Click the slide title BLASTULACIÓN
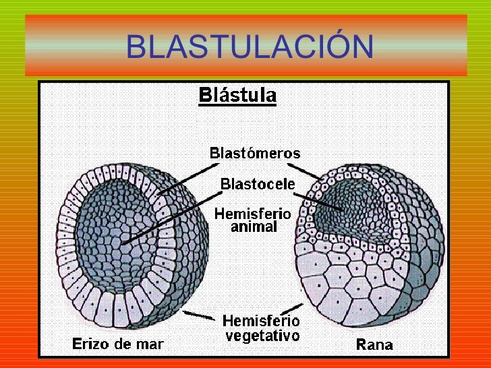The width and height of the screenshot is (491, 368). (x=249, y=47)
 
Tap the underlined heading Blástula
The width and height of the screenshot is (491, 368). (x=237, y=95)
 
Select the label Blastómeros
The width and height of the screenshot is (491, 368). (x=255, y=152)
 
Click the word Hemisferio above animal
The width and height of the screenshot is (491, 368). (x=253, y=214)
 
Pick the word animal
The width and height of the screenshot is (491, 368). (x=254, y=227)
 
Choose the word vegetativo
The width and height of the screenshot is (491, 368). (x=261, y=334)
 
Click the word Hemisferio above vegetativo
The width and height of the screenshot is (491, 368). (x=261, y=320)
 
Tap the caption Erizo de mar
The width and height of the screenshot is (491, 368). (x=118, y=344)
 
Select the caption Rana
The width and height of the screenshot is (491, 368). (x=374, y=346)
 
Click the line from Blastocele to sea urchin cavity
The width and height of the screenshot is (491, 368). (x=172, y=214)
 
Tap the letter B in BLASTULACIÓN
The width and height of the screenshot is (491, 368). (x=136, y=47)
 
